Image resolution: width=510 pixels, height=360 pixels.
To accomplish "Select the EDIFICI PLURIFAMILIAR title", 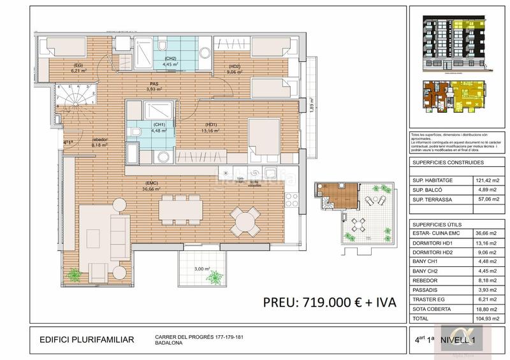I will [x=87, y=340].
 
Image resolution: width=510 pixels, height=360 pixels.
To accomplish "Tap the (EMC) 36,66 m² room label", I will [x=151, y=187].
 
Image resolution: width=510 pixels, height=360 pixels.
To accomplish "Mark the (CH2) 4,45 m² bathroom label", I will [x=169, y=62].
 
